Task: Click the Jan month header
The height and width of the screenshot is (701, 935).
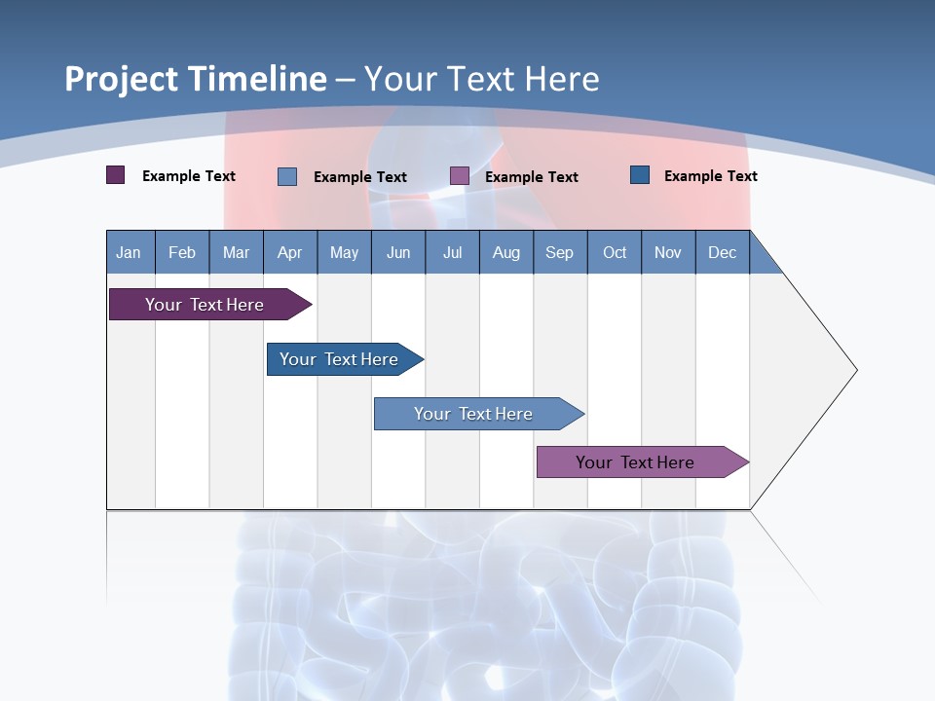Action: (x=130, y=252)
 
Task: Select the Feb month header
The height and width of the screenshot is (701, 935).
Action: (x=182, y=252)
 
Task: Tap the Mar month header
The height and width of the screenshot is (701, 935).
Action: (x=236, y=252)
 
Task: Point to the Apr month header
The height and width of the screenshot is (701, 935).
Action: (x=290, y=252)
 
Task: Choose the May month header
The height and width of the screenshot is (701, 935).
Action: (x=344, y=252)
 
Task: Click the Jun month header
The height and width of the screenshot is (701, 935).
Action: (x=398, y=252)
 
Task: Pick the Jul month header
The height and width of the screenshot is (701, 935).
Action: (x=452, y=252)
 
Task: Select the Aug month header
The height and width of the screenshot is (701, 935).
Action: (x=506, y=252)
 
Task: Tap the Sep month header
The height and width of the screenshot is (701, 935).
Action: (x=560, y=252)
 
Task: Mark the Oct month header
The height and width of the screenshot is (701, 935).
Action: (x=615, y=252)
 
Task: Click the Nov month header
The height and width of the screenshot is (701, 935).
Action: (x=668, y=252)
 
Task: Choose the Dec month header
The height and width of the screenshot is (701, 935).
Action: (x=723, y=252)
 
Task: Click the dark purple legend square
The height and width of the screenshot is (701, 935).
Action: (x=116, y=175)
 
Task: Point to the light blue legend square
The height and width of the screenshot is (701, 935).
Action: (x=287, y=176)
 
